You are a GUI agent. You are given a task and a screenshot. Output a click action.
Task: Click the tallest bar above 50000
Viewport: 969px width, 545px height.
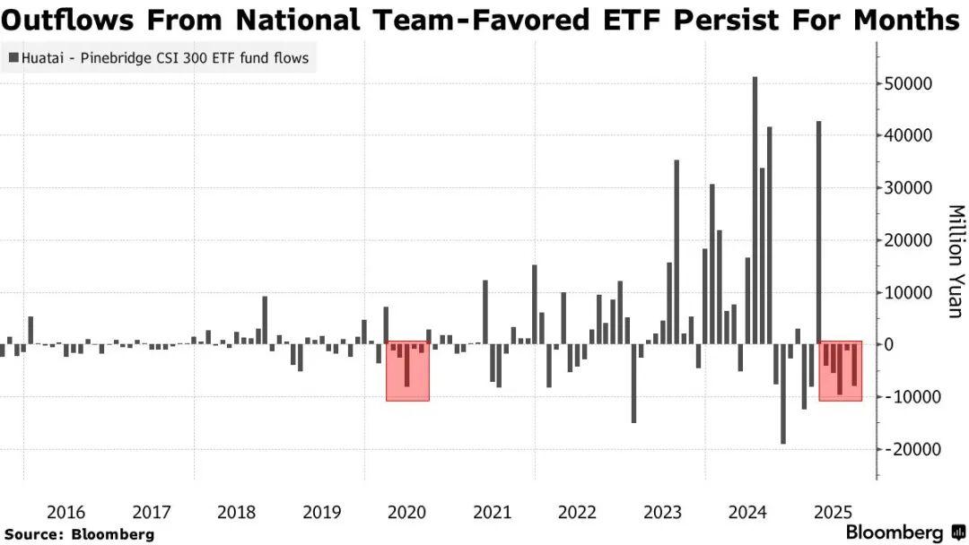[755, 210]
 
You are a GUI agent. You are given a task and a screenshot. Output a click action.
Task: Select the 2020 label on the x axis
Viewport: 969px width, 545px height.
[407, 513]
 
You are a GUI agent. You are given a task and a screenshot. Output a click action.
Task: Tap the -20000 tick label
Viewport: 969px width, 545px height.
[913, 449]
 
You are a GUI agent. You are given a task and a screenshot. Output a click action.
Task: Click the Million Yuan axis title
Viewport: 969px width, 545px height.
[955, 261]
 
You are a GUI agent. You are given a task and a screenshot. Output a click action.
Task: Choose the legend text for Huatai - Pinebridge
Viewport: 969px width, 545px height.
[163, 59]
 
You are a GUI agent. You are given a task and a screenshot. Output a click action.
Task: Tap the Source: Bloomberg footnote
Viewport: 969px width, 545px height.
[79, 533]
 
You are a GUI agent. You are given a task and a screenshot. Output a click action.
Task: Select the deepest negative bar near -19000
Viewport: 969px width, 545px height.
[783, 394]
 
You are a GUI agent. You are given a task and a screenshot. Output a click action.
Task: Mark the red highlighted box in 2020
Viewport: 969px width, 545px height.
[407, 370]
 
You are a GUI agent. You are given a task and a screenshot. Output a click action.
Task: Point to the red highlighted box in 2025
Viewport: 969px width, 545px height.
[841, 370]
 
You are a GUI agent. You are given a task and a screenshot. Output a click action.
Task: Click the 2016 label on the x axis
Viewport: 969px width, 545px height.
[66, 513]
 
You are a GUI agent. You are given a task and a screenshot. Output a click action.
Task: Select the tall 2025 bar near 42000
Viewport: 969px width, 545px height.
[818, 232]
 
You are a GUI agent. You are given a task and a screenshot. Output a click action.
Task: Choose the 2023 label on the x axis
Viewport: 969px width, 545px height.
[663, 513]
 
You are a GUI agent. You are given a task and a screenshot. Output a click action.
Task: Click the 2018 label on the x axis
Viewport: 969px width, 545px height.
[237, 513]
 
